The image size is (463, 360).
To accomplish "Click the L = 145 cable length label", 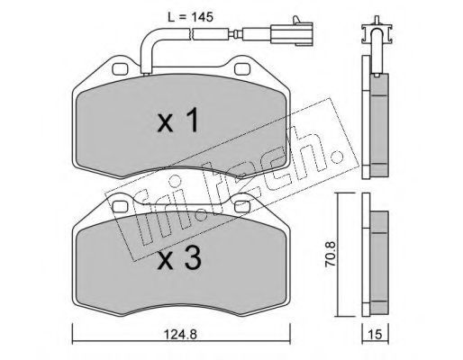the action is pyautogui.click(x=190, y=17).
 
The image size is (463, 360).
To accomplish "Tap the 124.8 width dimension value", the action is pyautogui.click(x=180, y=334).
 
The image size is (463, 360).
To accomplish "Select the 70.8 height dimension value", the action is pyautogui.click(x=331, y=255).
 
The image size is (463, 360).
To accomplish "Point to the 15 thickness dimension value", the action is pyautogui.click(x=375, y=334).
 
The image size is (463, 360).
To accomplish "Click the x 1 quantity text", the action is pyautogui.click(x=178, y=121).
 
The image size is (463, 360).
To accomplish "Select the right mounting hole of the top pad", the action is pyautogui.click(x=242, y=69).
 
